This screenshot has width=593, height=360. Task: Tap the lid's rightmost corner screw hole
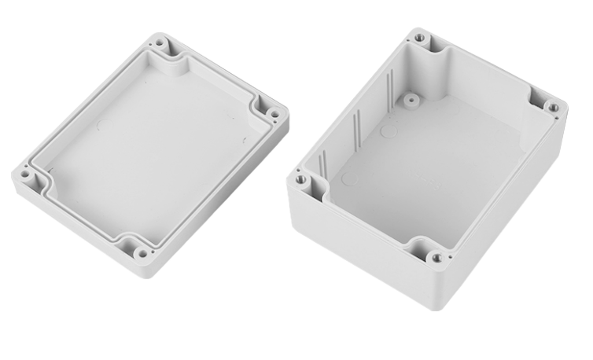pyautogui.click(x=274, y=114)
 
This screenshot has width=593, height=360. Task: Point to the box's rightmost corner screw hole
pyautogui.click(x=554, y=108)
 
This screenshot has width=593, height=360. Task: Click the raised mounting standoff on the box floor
pyautogui.click(x=410, y=101)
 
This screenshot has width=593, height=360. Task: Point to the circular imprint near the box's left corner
pyautogui.click(x=350, y=179)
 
